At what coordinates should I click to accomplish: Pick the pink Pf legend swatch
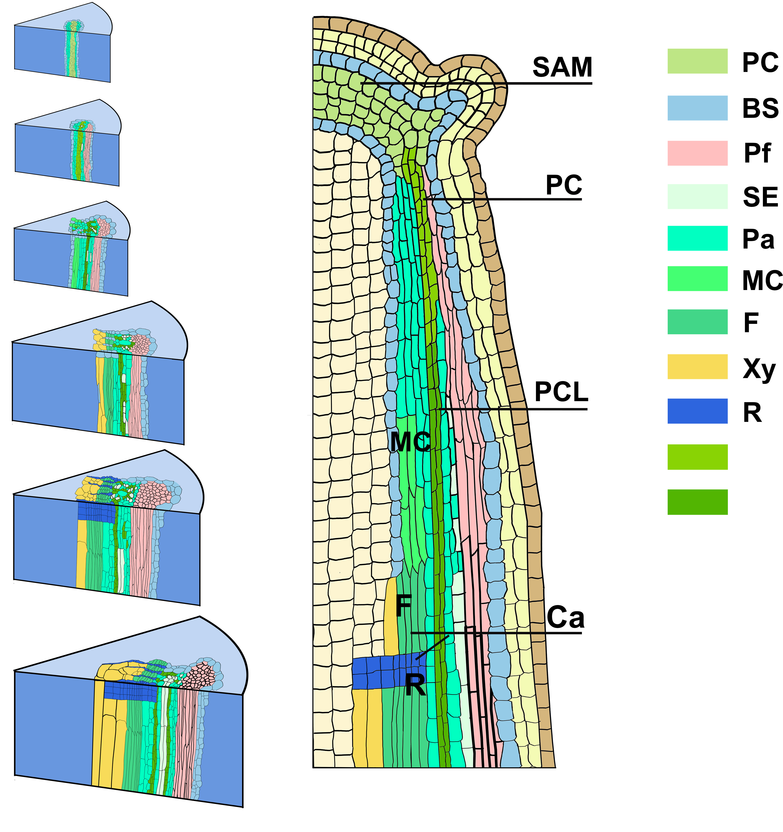697,153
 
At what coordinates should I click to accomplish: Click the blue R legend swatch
697,411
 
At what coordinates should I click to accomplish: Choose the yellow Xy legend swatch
697,367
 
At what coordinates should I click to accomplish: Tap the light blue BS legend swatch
697,108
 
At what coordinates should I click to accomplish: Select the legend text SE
760,197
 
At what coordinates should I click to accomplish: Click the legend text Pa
758,240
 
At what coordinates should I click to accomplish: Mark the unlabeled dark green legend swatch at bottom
697,502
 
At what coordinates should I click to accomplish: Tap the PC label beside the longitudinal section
564,185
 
